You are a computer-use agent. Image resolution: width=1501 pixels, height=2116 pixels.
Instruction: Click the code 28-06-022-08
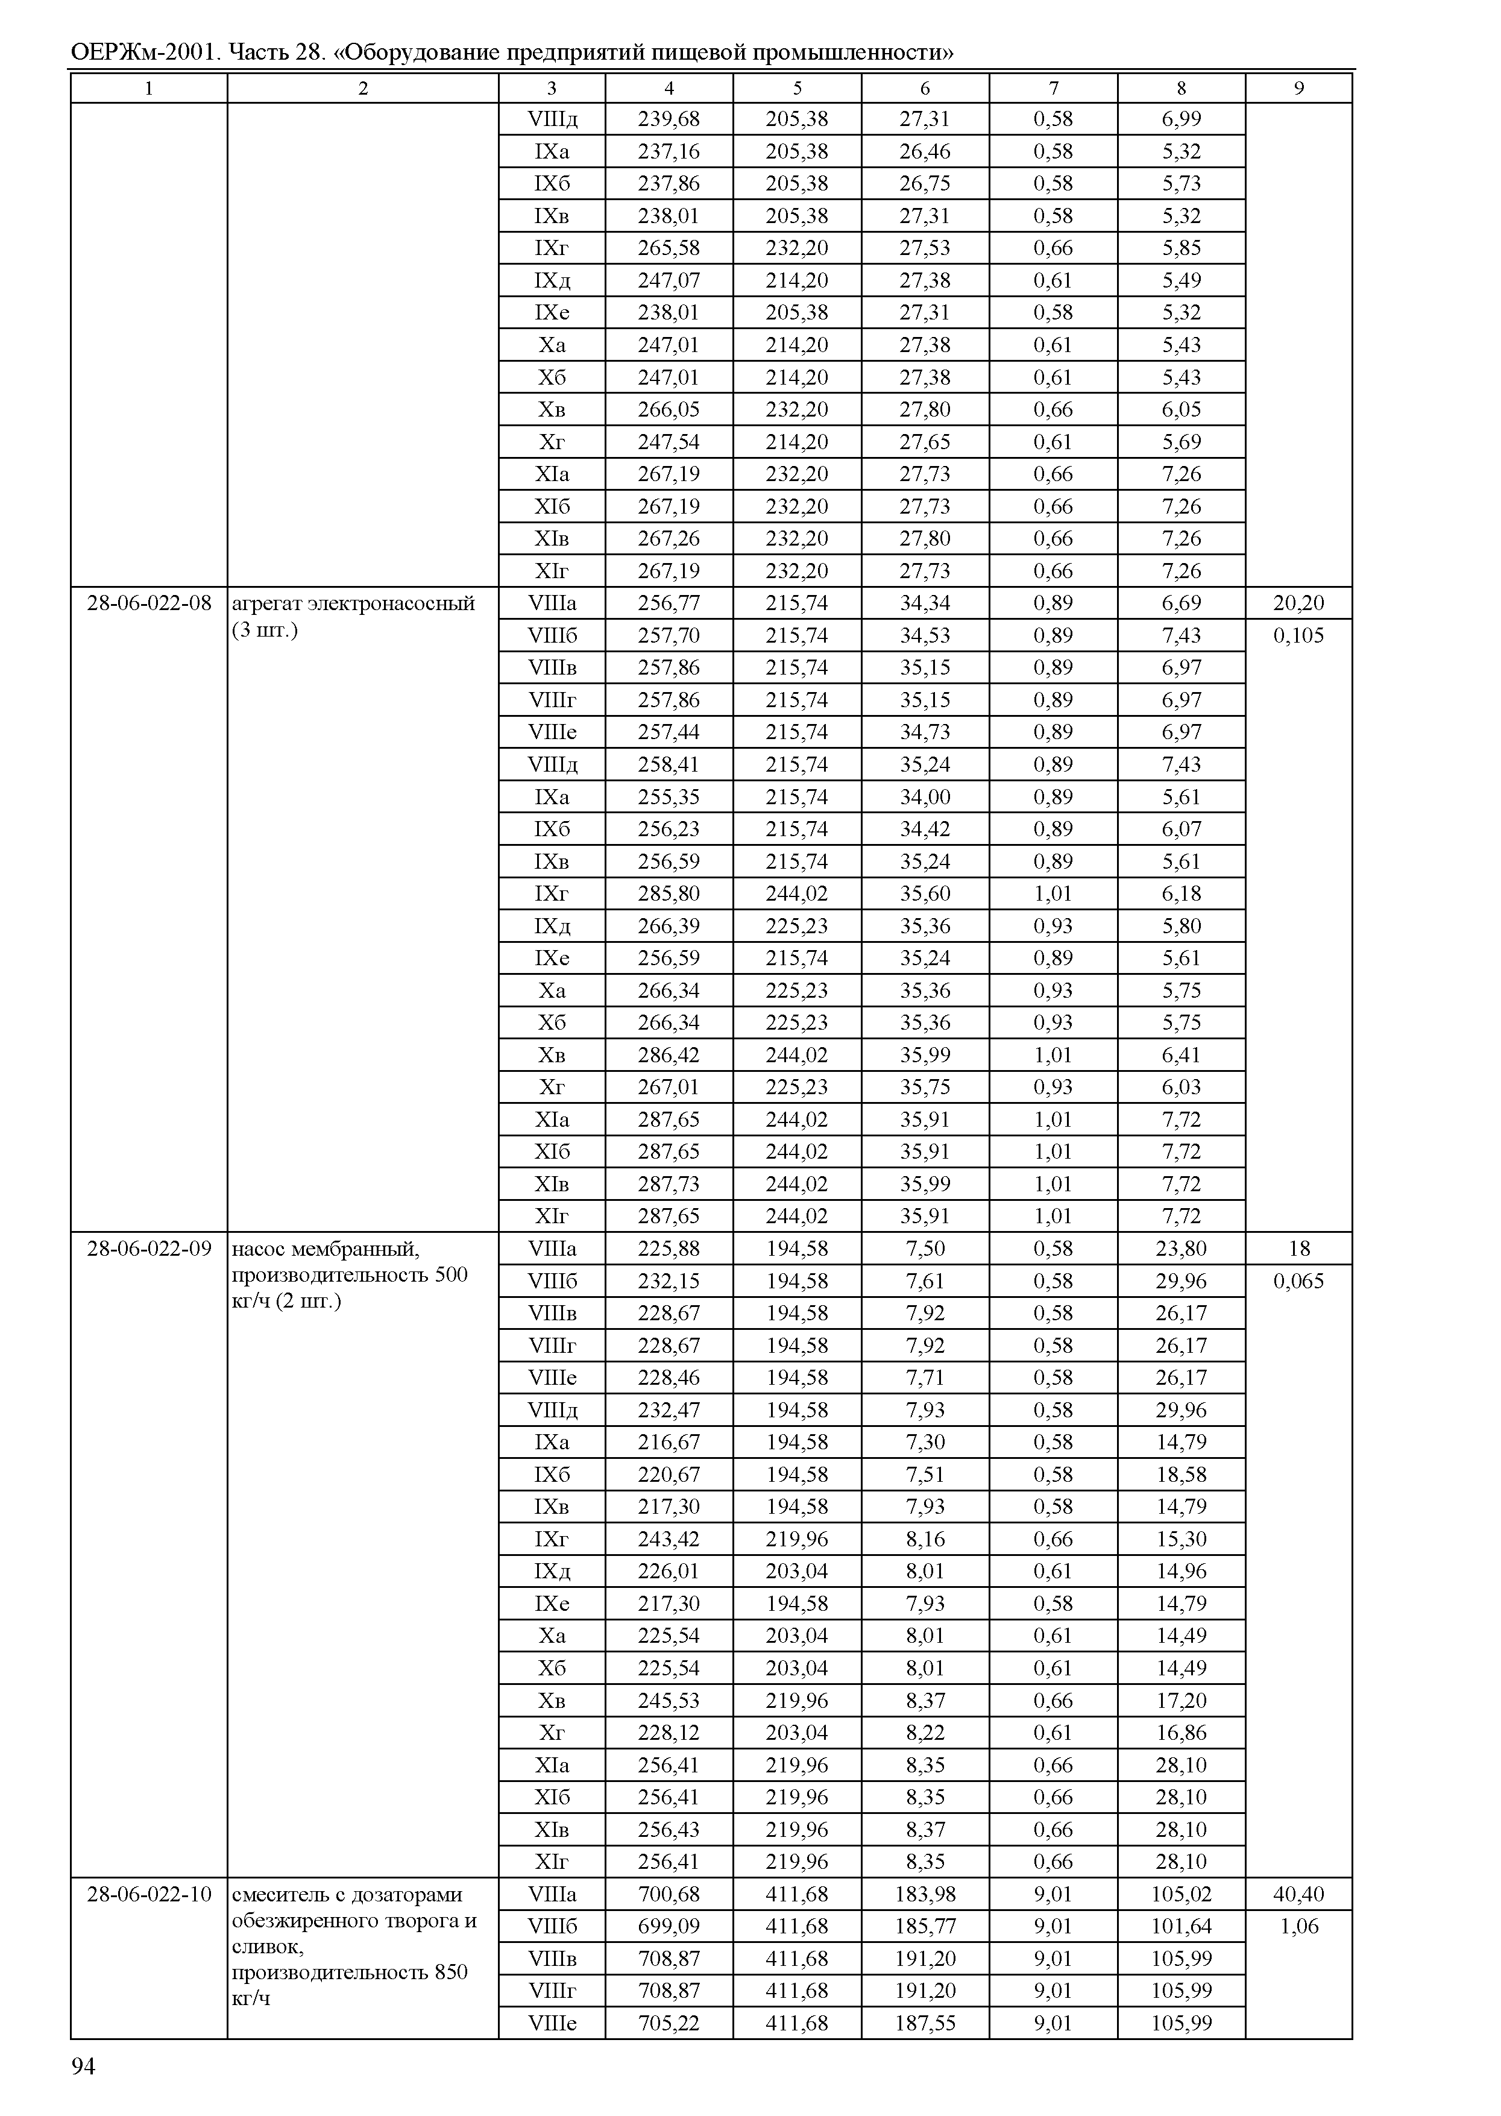[x=149, y=603]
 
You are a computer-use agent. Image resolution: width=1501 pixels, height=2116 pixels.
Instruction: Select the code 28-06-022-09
[x=149, y=1249]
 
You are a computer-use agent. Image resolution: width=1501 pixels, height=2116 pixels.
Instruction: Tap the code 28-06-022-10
[x=149, y=1894]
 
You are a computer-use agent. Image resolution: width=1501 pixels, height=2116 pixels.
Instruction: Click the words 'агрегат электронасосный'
[x=353, y=603]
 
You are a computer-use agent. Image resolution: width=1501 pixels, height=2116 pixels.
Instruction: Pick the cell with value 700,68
[x=669, y=1894]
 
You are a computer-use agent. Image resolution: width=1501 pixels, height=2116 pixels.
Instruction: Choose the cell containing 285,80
[x=669, y=894]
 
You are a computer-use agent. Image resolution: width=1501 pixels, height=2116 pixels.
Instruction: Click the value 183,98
[x=925, y=1894]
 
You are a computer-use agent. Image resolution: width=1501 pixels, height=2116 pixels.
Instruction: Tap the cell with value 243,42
[x=669, y=1539]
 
